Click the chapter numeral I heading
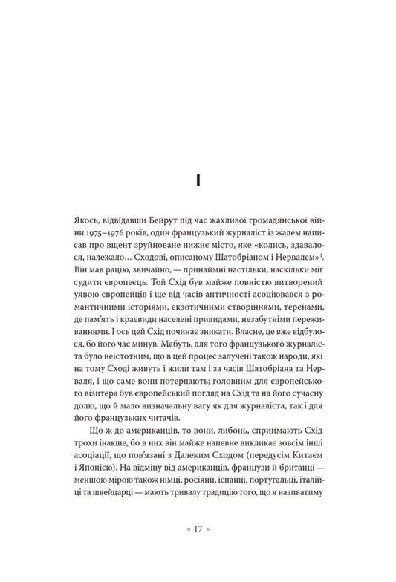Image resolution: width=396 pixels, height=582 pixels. click(x=198, y=181)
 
